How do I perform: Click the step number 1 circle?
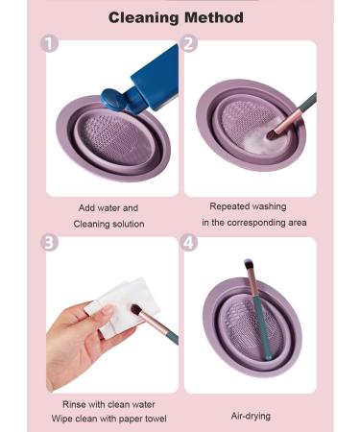(51, 44)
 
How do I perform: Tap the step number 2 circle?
(189, 44)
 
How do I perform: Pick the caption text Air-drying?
(250, 417)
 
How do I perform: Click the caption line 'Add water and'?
(108, 207)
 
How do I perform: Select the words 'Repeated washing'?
(249, 205)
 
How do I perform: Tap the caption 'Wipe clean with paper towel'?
(108, 420)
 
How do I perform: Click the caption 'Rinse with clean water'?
(108, 403)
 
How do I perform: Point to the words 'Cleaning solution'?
(108, 224)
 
